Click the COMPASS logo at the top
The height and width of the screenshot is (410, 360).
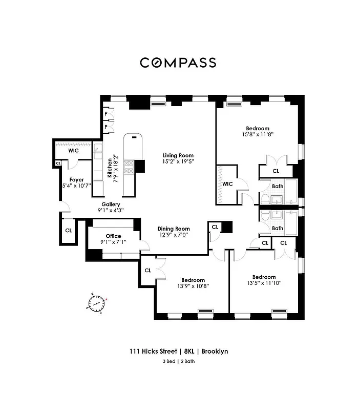pyautogui.click(x=178, y=63)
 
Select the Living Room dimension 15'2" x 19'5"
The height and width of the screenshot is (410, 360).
pyautogui.click(x=178, y=162)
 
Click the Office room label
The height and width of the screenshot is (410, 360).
pyautogui.click(x=113, y=236)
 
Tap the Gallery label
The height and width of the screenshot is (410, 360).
pyautogui.click(x=111, y=204)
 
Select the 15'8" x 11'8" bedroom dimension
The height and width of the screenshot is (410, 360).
pyautogui.click(x=257, y=135)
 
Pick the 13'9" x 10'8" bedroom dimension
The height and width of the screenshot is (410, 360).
pyautogui.click(x=193, y=286)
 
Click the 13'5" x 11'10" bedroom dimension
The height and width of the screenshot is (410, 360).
pyautogui.click(x=264, y=282)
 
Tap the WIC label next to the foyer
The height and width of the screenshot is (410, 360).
pyautogui.click(x=74, y=151)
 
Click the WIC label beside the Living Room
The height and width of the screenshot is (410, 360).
pyautogui.click(x=227, y=183)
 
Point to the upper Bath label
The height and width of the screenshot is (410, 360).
pyautogui.click(x=278, y=187)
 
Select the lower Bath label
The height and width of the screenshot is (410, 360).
pyautogui.click(x=278, y=228)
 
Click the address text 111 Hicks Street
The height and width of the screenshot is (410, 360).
pyautogui.click(x=153, y=352)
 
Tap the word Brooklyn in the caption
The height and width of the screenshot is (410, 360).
pyautogui.click(x=215, y=352)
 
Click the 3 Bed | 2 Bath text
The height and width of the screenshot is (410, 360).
pyautogui.click(x=178, y=361)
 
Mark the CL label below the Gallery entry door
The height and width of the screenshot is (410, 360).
pyautogui.click(x=68, y=231)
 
